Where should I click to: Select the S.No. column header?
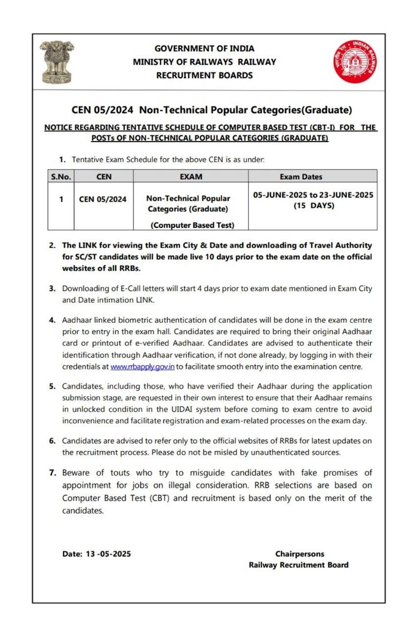pyautogui.click(x=61, y=177)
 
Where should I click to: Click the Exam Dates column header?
pyautogui.click(x=312, y=177)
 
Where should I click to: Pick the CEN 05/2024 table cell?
pyautogui.click(x=103, y=199)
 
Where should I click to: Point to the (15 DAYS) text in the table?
pyautogui.click(x=313, y=205)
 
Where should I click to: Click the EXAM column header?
pyautogui.click(x=190, y=177)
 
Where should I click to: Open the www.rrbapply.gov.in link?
pyautogui.click(x=142, y=367)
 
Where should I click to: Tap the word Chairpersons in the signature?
pyautogui.click(x=299, y=554)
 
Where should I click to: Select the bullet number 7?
pyautogui.click(x=52, y=473)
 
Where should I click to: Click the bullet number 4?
pyautogui.click(x=52, y=319)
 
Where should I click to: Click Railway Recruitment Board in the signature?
pyautogui.click(x=299, y=565)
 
